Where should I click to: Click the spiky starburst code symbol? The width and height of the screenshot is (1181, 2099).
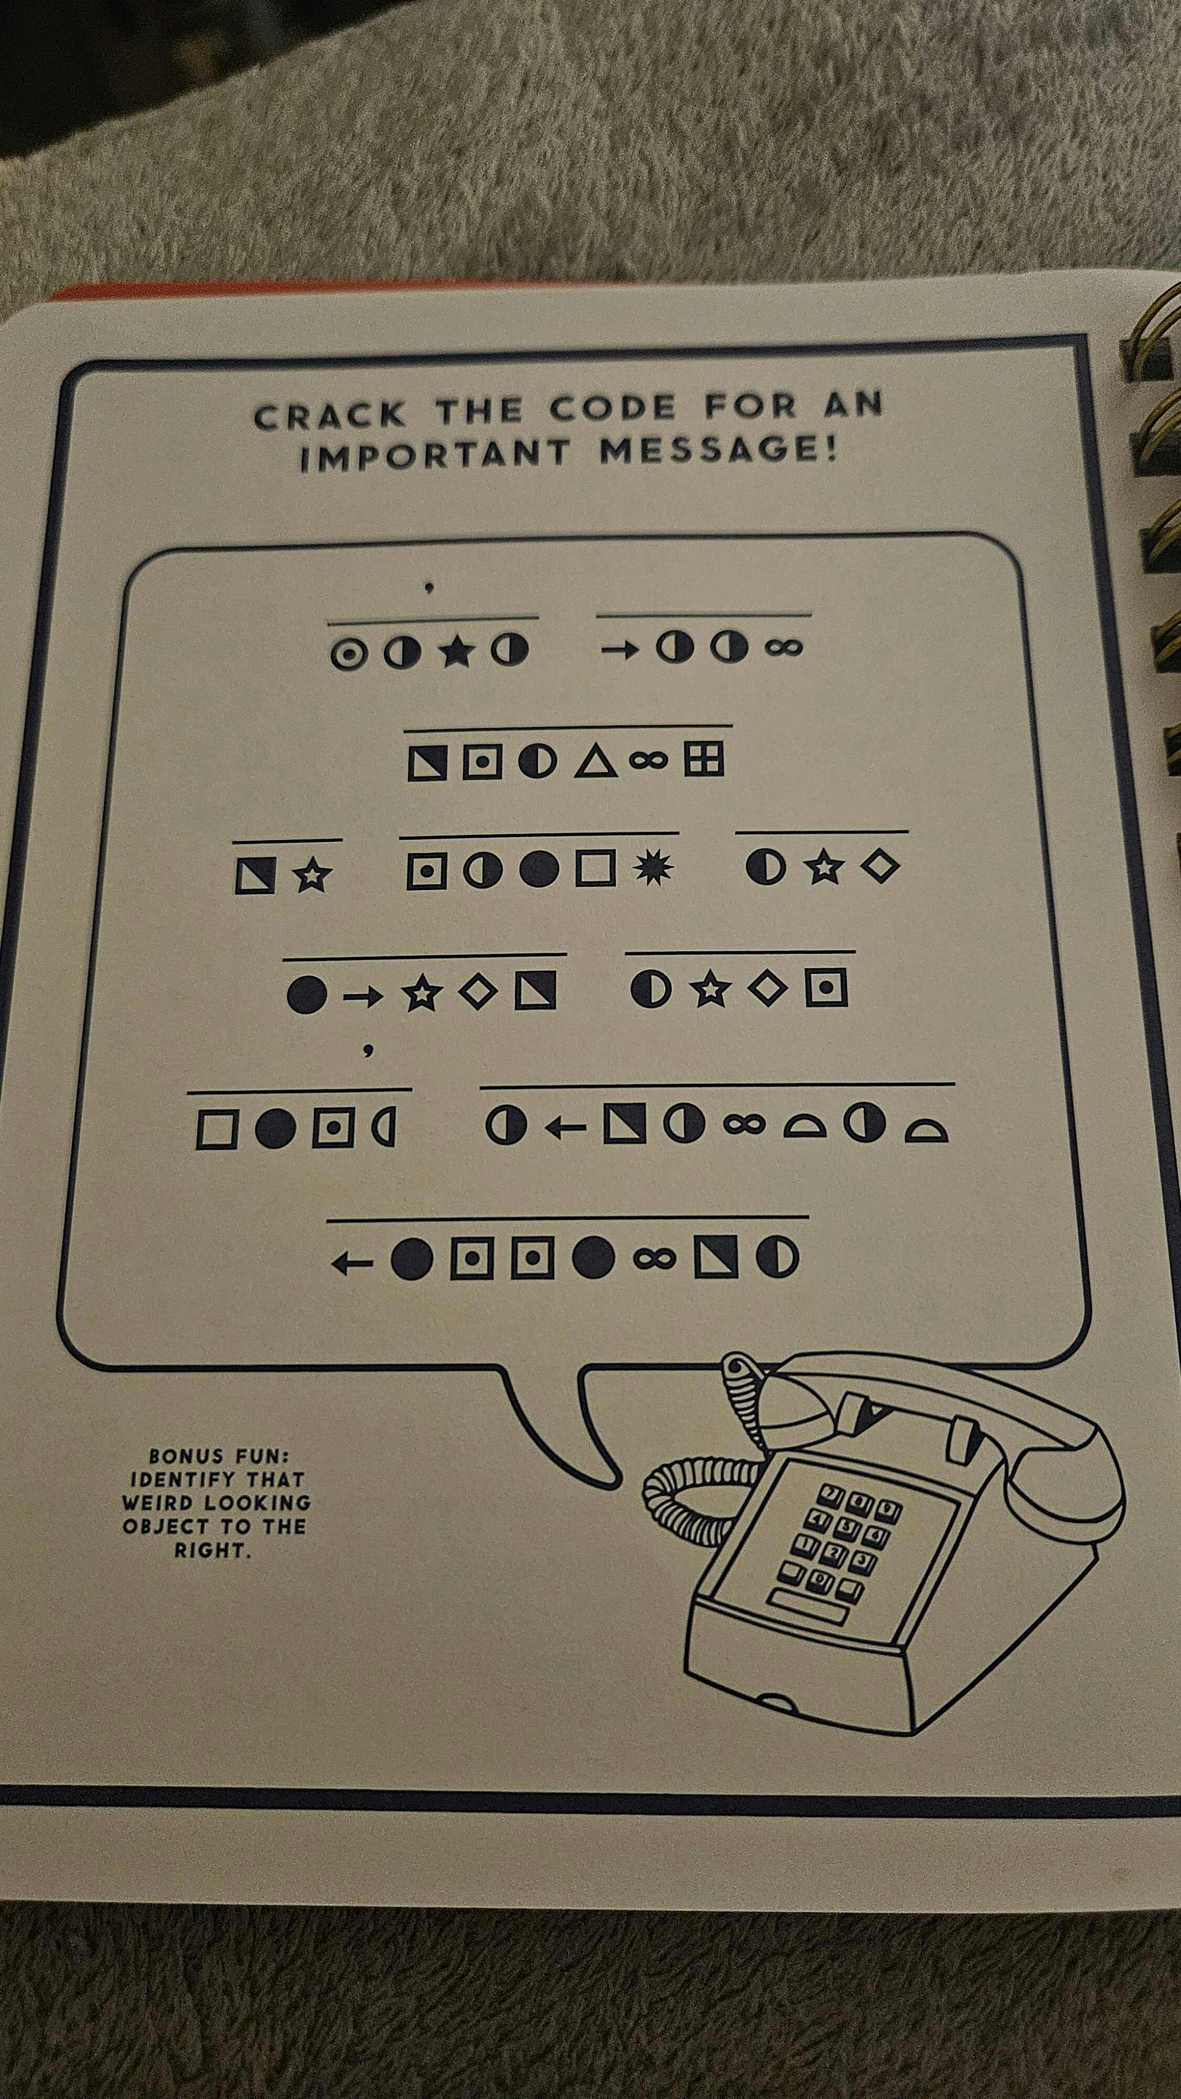pyautogui.click(x=654, y=868)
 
